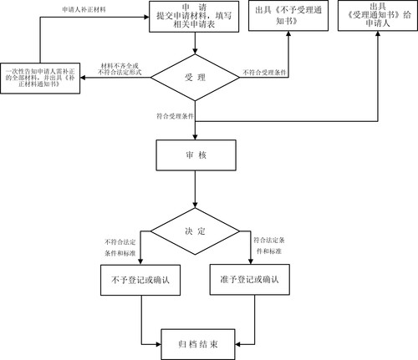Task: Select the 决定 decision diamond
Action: tap(194, 231)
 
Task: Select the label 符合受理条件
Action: tap(174, 114)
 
